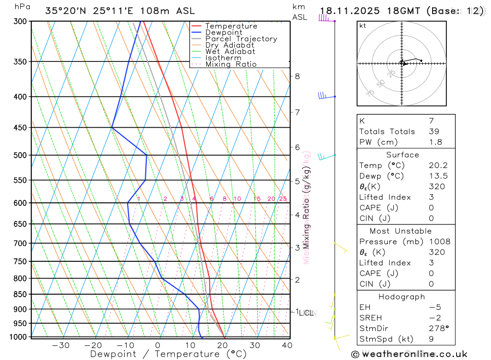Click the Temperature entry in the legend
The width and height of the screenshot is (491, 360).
tap(231, 26)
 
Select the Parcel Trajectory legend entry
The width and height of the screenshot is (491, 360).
tap(241, 39)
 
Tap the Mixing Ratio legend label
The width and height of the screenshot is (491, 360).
tap(231, 64)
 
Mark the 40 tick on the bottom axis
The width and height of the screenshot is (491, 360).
tap(287, 345)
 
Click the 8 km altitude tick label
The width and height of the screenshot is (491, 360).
tap(297, 76)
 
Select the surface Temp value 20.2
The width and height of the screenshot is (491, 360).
tap(438, 166)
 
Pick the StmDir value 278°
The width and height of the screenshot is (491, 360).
tap(438, 329)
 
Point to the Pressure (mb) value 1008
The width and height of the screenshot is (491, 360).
tap(439, 242)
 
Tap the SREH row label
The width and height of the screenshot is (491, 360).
tap(371, 318)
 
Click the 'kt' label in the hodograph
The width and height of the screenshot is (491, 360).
tap(363, 26)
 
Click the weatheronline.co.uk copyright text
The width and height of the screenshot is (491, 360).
tap(409, 354)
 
